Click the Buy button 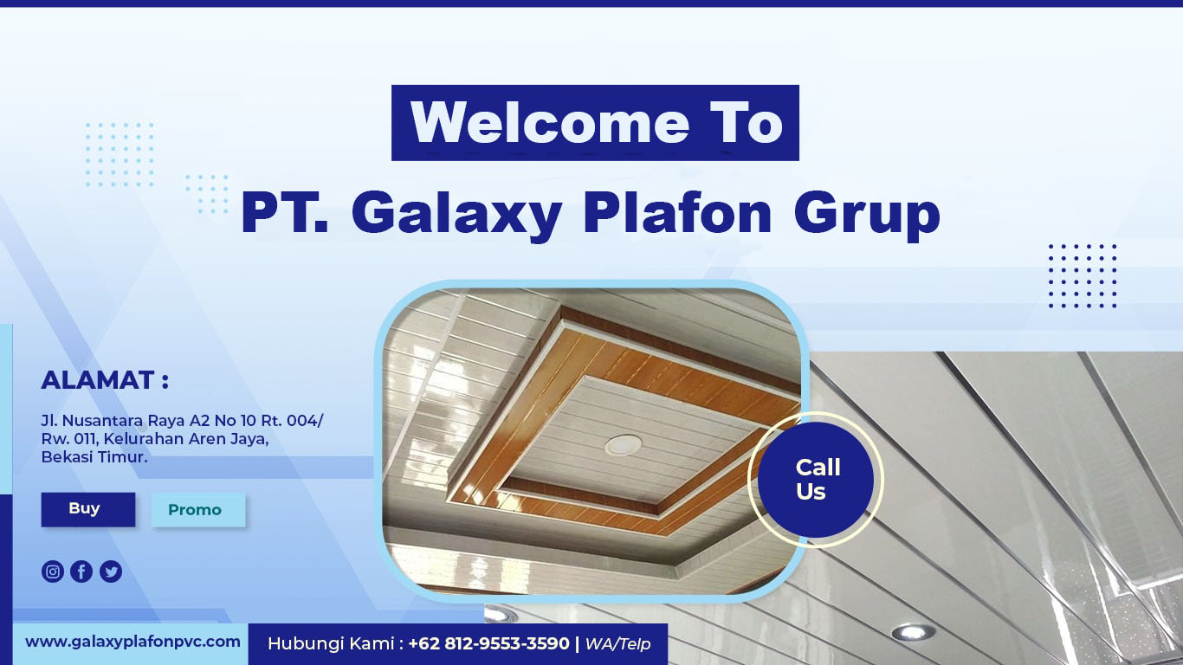coord(88,509)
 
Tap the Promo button coord(198,510)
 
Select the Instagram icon coord(53,571)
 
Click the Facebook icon coord(81,571)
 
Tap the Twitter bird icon coord(111,571)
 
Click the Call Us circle coord(816,480)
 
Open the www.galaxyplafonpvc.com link coord(133,642)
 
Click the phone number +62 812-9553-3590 coord(489,643)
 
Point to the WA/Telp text coord(617,644)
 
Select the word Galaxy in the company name coord(456,213)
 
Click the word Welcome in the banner coord(550,123)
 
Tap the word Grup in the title coord(867,213)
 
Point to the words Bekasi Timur coord(94,457)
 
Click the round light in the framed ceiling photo coord(624,445)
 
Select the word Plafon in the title coord(677,212)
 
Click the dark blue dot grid coord(1083,275)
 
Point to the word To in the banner coord(746,123)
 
